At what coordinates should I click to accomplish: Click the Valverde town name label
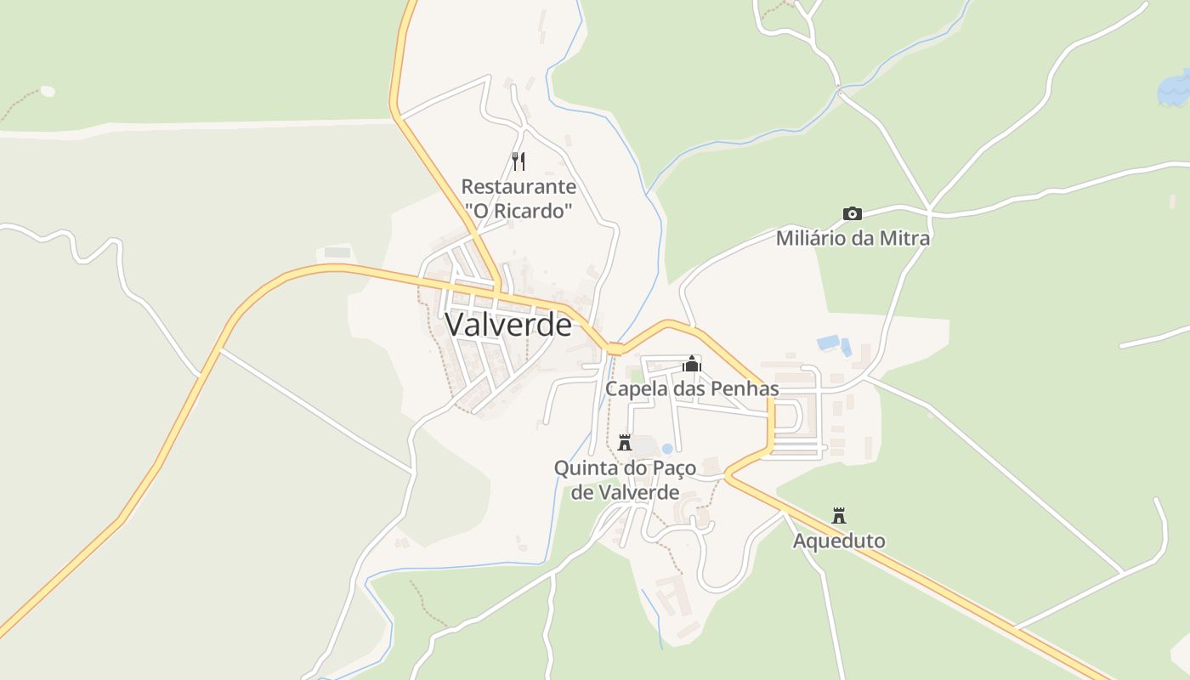pyautogui.click(x=508, y=324)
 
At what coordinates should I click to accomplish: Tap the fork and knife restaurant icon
pyautogui.click(x=518, y=161)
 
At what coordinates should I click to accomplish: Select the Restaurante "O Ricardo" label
pyautogui.click(x=518, y=199)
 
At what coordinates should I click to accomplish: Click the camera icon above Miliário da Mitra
pyautogui.click(x=852, y=213)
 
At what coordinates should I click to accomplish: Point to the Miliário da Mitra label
pyautogui.click(x=853, y=238)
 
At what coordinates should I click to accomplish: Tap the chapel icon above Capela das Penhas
pyautogui.click(x=692, y=365)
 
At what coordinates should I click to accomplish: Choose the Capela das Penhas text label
pyautogui.click(x=692, y=388)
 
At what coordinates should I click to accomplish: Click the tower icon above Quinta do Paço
pyautogui.click(x=625, y=443)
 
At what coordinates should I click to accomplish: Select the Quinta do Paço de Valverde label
pyautogui.click(x=625, y=479)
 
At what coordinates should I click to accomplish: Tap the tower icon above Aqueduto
pyautogui.click(x=839, y=516)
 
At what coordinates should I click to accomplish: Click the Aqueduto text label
pyautogui.click(x=839, y=541)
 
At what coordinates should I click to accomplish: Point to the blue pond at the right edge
pyautogui.click(x=1175, y=89)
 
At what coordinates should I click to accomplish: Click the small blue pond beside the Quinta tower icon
pyautogui.click(x=667, y=448)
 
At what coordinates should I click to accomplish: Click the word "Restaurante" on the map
pyautogui.click(x=518, y=187)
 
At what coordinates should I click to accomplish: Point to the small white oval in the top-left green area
pyautogui.click(x=48, y=91)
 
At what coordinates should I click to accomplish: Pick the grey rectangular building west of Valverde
pyautogui.click(x=337, y=252)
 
